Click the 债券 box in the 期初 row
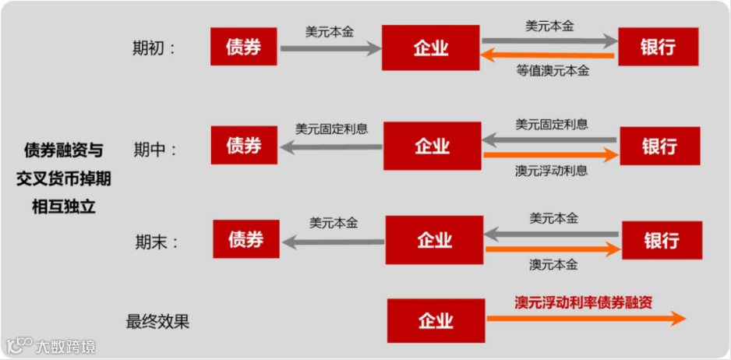click(243, 47)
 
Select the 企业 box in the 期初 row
click(430, 48)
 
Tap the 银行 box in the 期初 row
click(657, 47)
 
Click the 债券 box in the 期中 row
click(244, 145)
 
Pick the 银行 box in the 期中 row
click(659, 146)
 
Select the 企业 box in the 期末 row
click(434, 240)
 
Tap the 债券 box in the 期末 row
click(245, 239)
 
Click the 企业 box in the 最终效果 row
click(436, 320)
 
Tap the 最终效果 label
click(158, 321)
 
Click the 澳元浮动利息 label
click(551, 171)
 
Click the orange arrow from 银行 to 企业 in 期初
click(549, 55)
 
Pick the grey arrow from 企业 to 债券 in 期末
click(334, 242)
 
